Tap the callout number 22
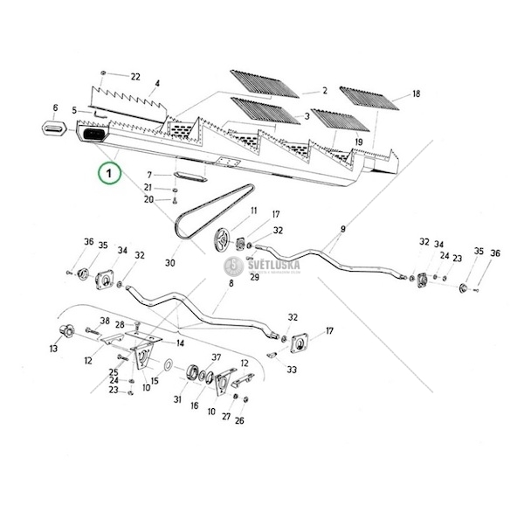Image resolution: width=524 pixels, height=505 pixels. coord(135,77)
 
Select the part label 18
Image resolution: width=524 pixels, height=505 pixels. coord(416,93)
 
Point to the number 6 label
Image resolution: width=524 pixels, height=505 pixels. coord(56,108)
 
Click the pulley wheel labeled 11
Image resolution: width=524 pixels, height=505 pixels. coord(222,238)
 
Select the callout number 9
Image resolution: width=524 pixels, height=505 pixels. coord(342,228)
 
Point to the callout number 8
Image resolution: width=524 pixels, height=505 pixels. coord(231,284)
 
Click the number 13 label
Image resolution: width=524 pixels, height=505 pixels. coord(54,349)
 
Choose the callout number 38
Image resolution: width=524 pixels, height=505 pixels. coord(103,320)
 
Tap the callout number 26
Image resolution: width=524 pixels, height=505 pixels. coord(239,420)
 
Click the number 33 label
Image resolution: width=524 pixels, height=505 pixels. coord(291,370)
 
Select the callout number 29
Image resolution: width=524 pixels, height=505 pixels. coord(256,277)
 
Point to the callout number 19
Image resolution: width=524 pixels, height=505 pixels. coord(358,142)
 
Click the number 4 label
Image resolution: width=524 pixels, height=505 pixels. coord(157,85)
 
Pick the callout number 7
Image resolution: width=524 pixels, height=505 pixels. coord(148,175)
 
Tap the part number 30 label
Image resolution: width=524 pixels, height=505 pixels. coord(169,263)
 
